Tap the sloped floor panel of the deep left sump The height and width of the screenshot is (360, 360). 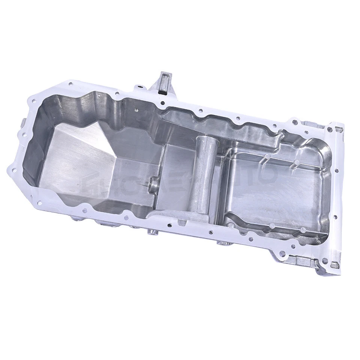click(x=75, y=157)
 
